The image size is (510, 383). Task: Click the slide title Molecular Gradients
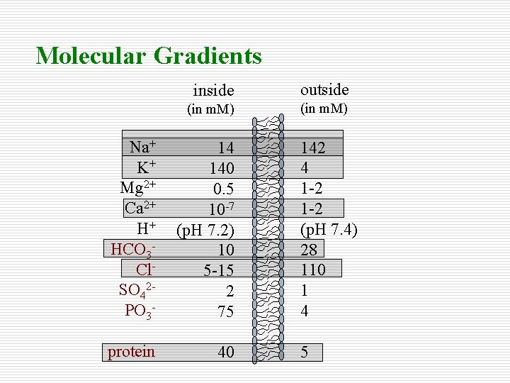pos(149,55)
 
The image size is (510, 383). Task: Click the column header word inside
pos(213,90)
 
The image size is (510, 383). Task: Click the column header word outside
pos(324,89)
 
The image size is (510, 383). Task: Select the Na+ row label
pos(142,148)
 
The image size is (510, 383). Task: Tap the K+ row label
pos(147,168)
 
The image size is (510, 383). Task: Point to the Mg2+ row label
pos(138,189)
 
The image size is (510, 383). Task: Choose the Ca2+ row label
pos(140,209)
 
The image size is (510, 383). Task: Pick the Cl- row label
pos(145,270)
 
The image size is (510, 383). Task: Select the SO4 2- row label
pos(138,291)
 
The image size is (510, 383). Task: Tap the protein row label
pos(131,352)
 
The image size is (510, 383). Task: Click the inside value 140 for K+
pos(221,169)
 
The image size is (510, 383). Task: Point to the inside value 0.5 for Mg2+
pos(223,189)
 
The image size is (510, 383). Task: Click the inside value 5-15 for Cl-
pos(219,271)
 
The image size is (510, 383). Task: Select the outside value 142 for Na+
pos(313,148)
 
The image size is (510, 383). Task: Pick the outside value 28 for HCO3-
pos(310,249)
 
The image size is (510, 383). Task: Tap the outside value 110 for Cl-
pos(313,270)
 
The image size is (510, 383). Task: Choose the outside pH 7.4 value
pos(329,229)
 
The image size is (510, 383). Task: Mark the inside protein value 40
pos(226,353)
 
